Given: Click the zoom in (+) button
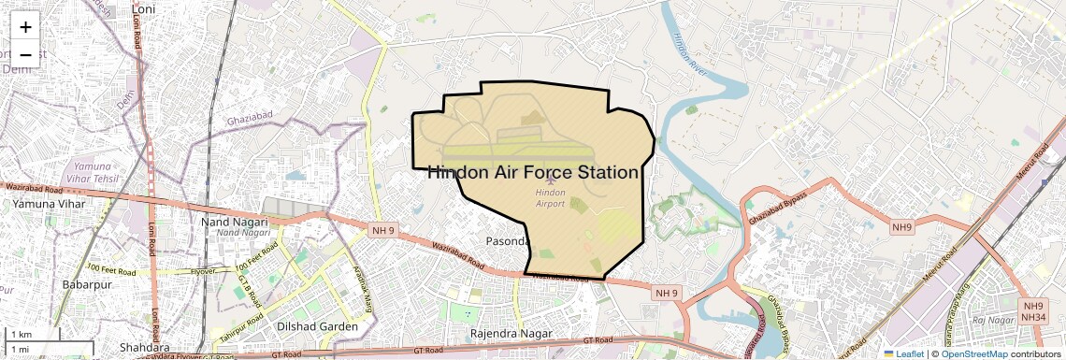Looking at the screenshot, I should click(25, 27).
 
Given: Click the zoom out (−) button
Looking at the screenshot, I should click(25, 54).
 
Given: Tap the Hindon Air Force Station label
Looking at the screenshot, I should click(533, 173).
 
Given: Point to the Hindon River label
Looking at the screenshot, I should click(690, 55).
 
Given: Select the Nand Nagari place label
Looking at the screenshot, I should click(235, 222).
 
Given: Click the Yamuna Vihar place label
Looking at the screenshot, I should click(49, 203).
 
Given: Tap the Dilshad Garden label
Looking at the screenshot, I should click(318, 326).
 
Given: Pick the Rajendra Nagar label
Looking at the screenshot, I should click(511, 333).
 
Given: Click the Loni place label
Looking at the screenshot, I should click(144, 8).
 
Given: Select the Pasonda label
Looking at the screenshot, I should click(508, 241).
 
